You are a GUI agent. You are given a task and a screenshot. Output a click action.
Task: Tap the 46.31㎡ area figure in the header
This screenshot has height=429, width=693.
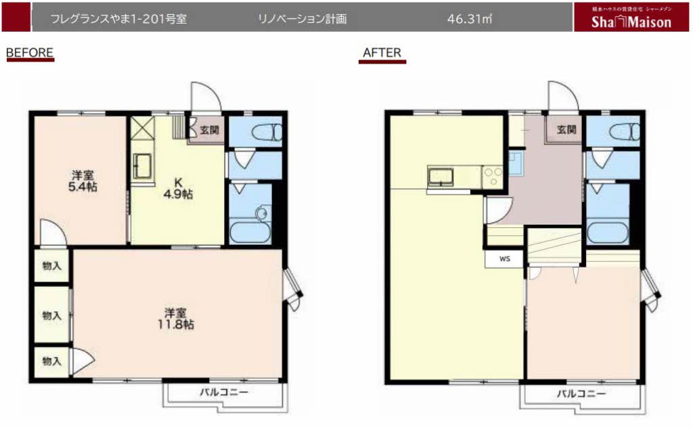(469, 19)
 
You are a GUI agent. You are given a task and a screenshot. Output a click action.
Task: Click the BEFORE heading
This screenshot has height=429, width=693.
(29, 52)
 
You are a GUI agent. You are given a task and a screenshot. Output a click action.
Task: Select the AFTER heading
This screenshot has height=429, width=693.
(382, 52)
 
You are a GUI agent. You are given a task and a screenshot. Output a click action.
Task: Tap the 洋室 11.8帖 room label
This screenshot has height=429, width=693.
(179, 319)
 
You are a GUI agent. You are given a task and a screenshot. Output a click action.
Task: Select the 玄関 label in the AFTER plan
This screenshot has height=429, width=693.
(566, 129)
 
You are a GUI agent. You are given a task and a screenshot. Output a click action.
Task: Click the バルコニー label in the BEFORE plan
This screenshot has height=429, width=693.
(223, 392)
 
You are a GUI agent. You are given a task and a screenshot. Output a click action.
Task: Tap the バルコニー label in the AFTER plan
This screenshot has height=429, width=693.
(581, 393)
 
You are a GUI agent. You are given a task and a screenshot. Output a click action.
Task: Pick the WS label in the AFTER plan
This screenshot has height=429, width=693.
(505, 258)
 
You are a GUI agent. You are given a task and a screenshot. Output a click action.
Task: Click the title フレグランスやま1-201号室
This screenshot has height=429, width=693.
(119, 19)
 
